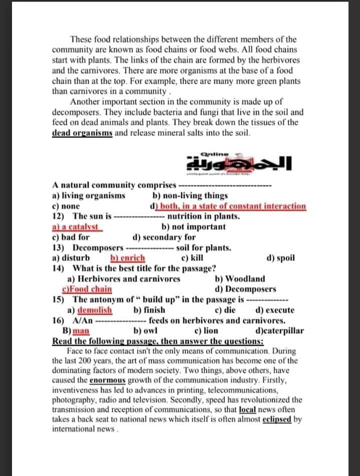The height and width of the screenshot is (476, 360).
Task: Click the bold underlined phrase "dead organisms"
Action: pos(83,133)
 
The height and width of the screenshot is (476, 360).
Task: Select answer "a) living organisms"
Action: pos(89,196)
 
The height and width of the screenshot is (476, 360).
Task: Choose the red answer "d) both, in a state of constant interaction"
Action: pos(228,206)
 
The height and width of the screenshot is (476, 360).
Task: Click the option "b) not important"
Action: pos(193,226)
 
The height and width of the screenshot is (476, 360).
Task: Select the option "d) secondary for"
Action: pos(164,237)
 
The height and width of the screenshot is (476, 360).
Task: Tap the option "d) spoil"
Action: pos(281,258)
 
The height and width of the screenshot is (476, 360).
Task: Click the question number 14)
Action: pos(60,269)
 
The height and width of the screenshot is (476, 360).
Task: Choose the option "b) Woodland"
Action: pos(240,279)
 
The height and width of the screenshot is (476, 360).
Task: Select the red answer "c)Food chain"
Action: pos(87,289)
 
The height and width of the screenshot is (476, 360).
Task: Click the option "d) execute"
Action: pos(275,310)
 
